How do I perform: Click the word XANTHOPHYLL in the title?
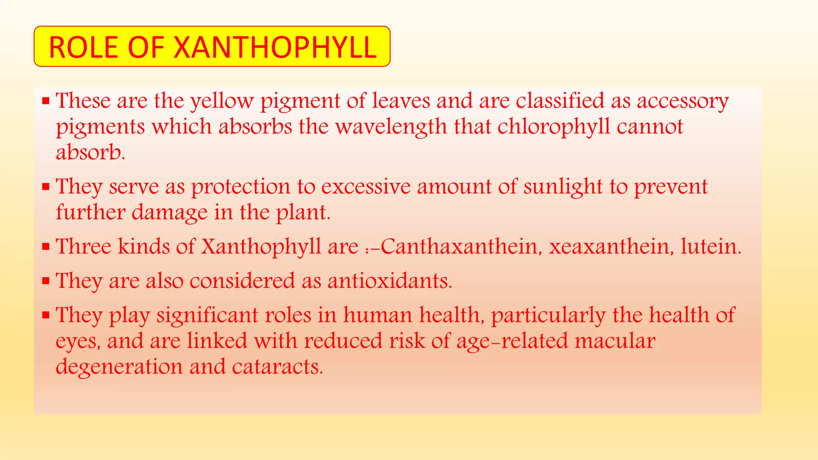click(275, 47)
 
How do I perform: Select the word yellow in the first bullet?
click(222, 101)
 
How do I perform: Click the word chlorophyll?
click(554, 127)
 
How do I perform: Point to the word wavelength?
click(391, 127)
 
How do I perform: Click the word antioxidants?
click(390, 280)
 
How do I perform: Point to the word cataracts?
click(277, 366)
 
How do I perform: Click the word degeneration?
click(119, 367)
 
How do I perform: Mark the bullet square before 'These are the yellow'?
click(46, 101)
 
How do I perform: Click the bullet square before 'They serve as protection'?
click(46, 186)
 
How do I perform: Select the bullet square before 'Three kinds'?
click(46, 246)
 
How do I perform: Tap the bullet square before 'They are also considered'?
click(46, 281)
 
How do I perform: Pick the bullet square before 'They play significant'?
click(46, 315)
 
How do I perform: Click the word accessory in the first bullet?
click(683, 101)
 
